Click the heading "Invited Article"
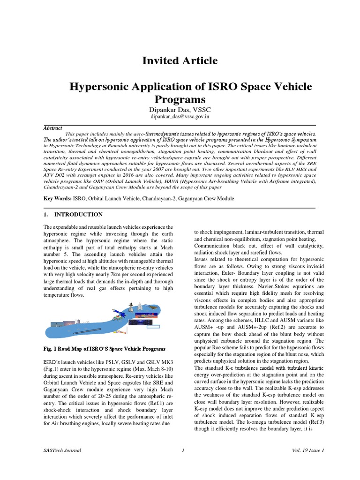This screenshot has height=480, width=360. point(180,60)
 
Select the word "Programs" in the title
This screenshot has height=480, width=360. point(180,99)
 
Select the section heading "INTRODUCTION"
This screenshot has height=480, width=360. point(78,215)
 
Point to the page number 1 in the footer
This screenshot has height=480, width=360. point(183,450)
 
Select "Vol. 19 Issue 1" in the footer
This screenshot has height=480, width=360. point(307,450)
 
